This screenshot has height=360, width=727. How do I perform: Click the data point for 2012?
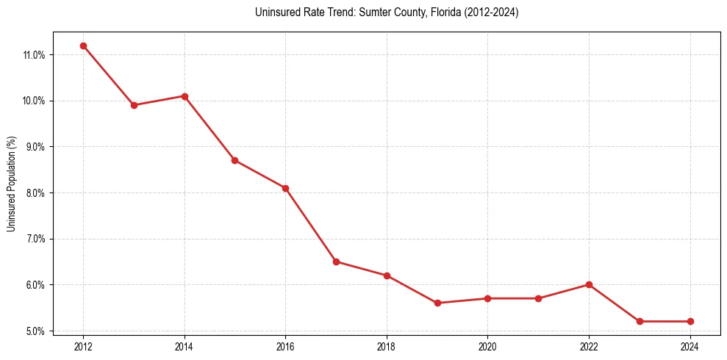83,46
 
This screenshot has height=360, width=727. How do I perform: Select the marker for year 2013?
134,105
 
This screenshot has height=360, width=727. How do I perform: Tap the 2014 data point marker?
185,96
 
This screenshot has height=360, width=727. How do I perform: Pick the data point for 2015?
234,160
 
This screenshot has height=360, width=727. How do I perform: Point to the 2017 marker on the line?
336,262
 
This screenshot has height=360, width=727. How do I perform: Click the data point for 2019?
437,303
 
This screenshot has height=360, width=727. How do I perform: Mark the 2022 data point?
589,284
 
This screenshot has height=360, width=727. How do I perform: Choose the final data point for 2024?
690,321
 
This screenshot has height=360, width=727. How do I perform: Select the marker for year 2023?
640,321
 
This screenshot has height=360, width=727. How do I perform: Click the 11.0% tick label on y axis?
35,55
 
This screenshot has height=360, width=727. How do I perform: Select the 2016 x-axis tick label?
285,345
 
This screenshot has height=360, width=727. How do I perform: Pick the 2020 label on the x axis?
488,345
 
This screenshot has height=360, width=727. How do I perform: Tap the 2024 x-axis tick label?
690,345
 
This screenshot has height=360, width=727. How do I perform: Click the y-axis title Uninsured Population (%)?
11,184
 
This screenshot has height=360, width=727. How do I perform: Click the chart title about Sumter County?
387,12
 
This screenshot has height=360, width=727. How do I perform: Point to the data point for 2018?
387,276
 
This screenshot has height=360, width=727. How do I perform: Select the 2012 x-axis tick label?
83,345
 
